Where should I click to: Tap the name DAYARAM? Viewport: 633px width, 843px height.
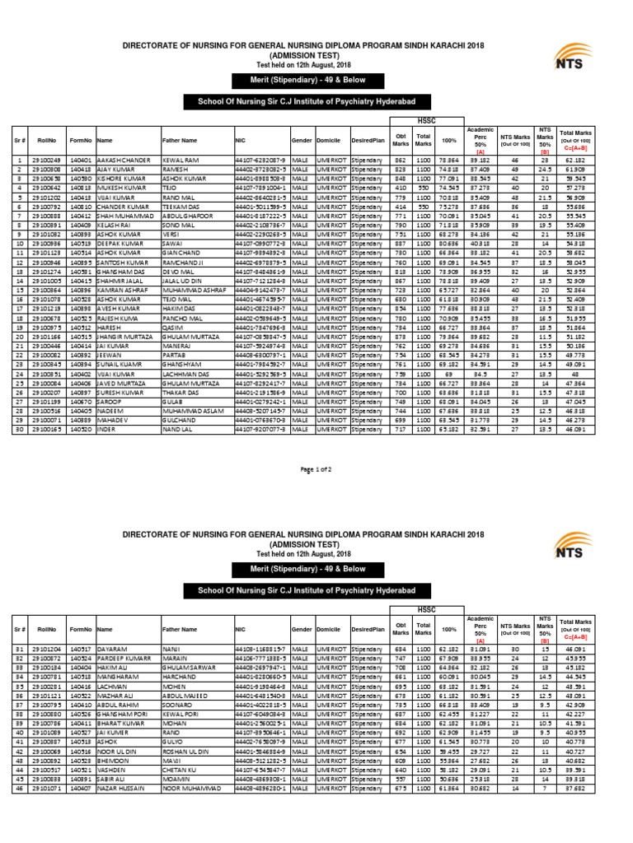(111, 650)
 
